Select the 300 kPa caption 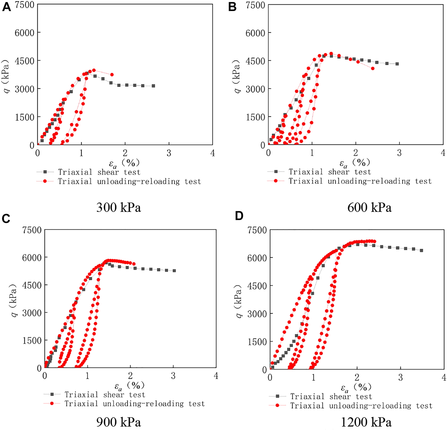click(x=119, y=207)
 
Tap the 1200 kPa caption click(x=366, y=422)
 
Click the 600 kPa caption click(x=369, y=207)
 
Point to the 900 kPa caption click(x=119, y=422)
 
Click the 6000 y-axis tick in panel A click(x=24, y=33)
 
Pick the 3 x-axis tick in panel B click(x=399, y=153)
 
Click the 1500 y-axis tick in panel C click(x=31, y=340)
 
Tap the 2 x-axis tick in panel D click(x=357, y=378)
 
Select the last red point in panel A click(x=112, y=74)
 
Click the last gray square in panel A click(x=153, y=86)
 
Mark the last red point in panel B click(x=373, y=68)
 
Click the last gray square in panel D click(x=421, y=251)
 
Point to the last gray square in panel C click(x=174, y=271)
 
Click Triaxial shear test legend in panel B click(x=330, y=172)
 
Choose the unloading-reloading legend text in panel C click(x=135, y=404)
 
